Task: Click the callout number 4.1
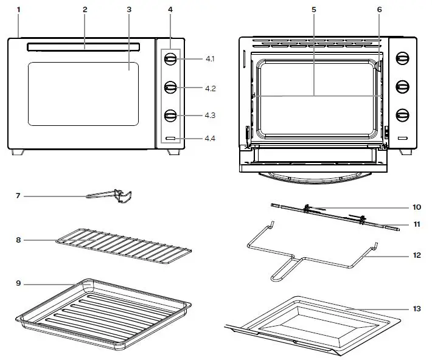(x=210, y=59)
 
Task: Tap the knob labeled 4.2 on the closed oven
(x=170, y=88)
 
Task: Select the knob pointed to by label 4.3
(x=170, y=115)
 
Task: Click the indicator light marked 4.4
(x=170, y=139)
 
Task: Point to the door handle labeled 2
(x=83, y=47)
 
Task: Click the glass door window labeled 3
(x=83, y=94)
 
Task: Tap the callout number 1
(x=18, y=10)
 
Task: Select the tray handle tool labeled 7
(x=116, y=196)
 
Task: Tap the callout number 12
(x=417, y=255)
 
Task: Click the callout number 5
(x=314, y=10)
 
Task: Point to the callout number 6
(x=379, y=10)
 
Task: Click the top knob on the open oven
(x=402, y=58)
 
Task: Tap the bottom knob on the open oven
(x=402, y=115)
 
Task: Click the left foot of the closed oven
(x=18, y=152)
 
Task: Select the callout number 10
(x=417, y=207)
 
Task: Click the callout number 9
(x=18, y=283)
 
